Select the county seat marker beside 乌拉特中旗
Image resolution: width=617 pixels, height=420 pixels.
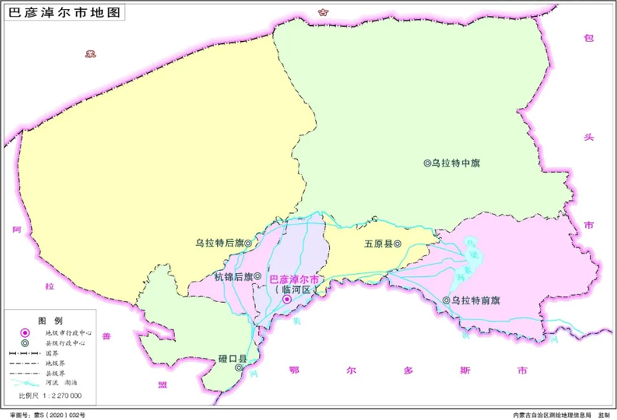pos(427,163)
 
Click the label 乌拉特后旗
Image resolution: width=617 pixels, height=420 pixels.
pos(219,243)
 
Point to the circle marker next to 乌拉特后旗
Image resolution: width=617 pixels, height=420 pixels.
pos(248,243)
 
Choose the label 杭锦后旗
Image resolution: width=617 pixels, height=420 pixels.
pos(232,275)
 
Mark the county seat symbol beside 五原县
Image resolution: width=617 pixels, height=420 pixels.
pos(397,244)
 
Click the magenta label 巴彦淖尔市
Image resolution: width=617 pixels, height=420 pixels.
pos(296,279)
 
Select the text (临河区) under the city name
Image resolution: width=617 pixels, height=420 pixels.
pos(294,290)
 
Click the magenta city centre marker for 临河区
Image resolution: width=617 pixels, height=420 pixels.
pos(286,300)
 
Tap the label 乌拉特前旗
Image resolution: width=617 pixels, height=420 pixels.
pos(475,301)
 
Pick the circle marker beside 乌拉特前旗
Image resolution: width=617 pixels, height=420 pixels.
pos(446,301)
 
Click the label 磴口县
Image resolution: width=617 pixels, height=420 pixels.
pos(232,358)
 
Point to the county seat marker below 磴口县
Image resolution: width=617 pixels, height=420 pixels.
pos(239,367)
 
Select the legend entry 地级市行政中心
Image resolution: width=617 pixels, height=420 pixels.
pos(69,332)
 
